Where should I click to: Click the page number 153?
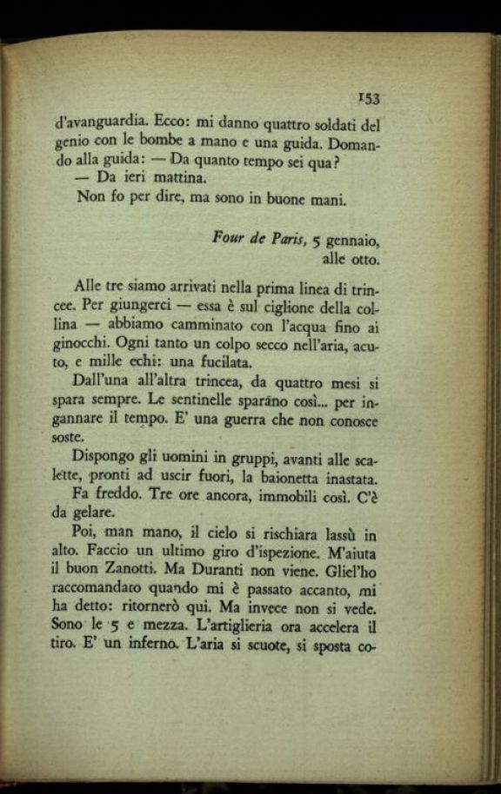pos(370,97)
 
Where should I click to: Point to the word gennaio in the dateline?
pos(353,239)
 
